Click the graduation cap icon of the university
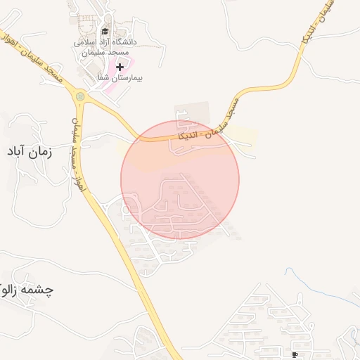(105, 31)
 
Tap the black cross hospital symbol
(120, 67)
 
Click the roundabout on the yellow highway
(80, 97)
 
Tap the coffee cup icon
(295, 353)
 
